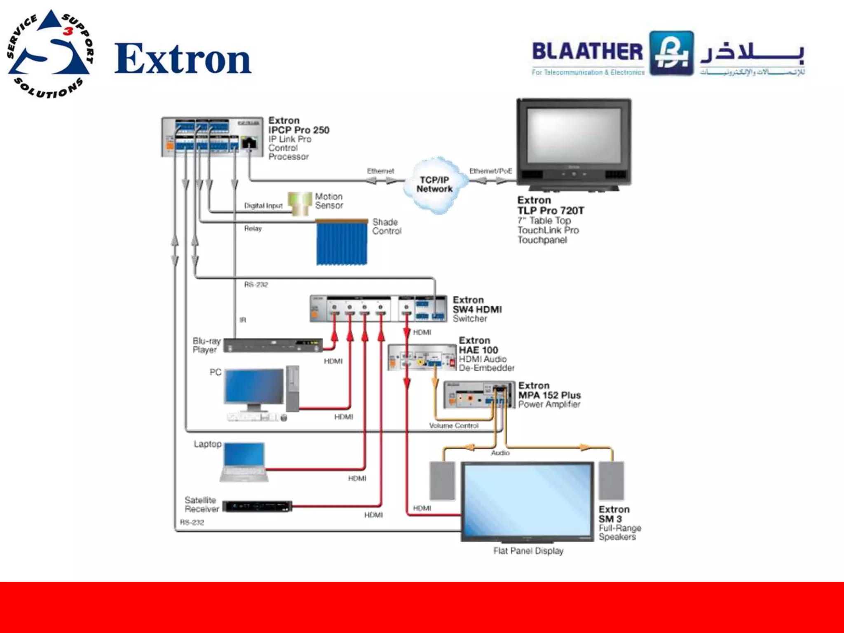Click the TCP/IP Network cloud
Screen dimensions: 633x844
point(434,185)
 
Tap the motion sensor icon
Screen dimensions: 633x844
point(300,204)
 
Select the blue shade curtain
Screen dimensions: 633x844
point(342,243)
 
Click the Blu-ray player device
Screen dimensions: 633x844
point(273,345)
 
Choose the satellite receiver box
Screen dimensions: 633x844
point(257,506)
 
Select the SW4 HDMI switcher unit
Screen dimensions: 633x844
point(378,308)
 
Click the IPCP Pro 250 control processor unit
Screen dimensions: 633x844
point(212,137)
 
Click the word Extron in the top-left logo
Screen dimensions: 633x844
point(183,59)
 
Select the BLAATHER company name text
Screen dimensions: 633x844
point(587,52)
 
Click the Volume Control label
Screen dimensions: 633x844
point(454,426)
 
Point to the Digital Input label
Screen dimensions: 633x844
point(263,206)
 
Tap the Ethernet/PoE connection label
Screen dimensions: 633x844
point(490,171)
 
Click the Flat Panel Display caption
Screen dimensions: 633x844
point(528,551)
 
